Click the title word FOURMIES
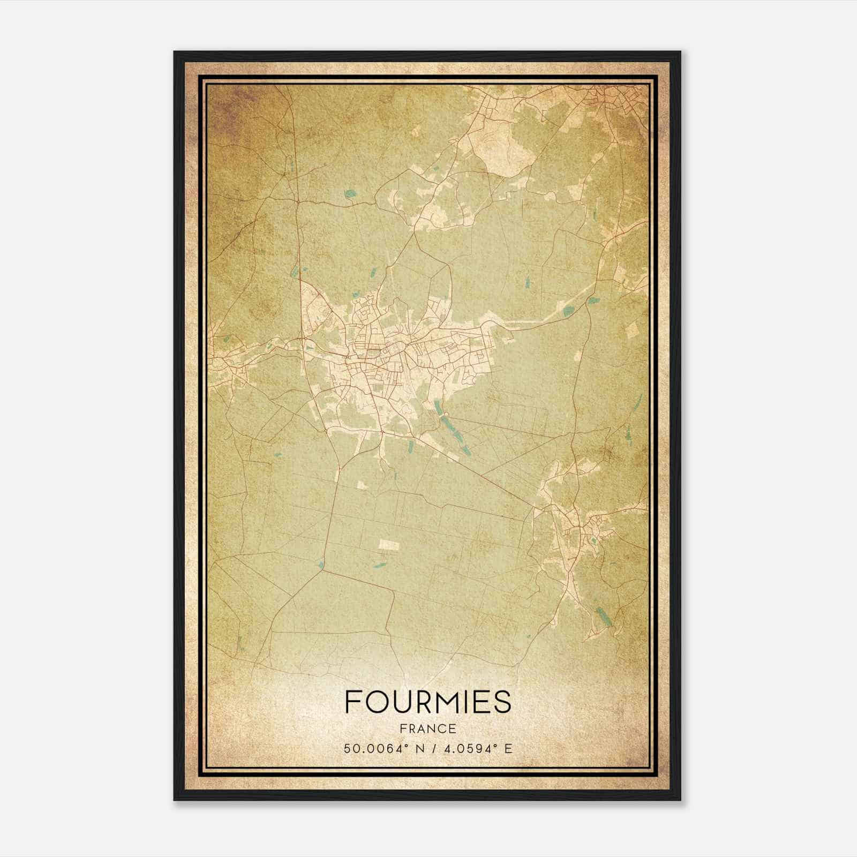[428, 702]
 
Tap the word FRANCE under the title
[428, 728]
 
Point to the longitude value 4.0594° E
[474, 748]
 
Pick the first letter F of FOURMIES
[353, 702]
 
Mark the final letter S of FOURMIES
[502, 702]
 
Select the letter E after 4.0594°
[508, 748]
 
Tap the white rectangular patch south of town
[389, 545]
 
